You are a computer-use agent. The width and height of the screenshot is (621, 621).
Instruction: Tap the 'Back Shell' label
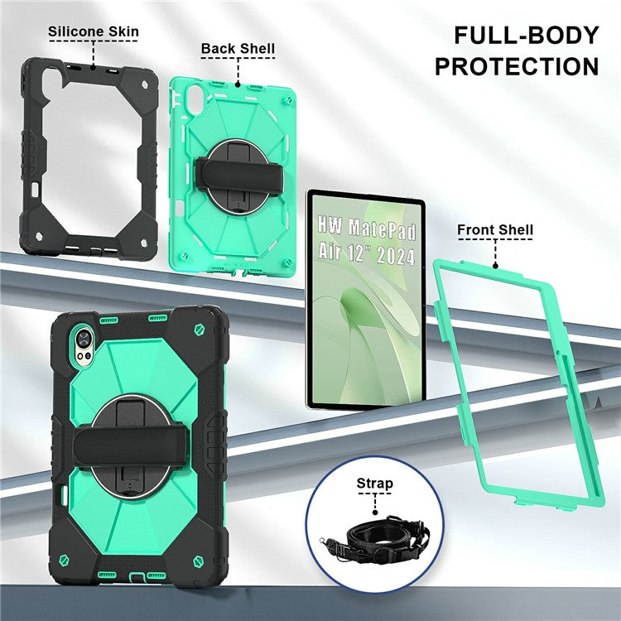pyautogui.click(x=238, y=48)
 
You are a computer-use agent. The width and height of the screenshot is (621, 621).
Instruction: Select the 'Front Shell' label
pyautogui.click(x=495, y=229)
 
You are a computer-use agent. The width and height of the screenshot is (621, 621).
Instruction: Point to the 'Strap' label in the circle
pyautogui.click(x=374, y=483)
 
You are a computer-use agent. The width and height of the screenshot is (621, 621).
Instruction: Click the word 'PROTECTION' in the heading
pyautogui.click(x=517, y=66)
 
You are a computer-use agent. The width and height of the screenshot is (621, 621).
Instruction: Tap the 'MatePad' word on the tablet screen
pyautogui.click(x=381, y=224)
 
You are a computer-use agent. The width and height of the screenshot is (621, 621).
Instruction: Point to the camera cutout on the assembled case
pyautogui.click(x=84, y=338)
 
